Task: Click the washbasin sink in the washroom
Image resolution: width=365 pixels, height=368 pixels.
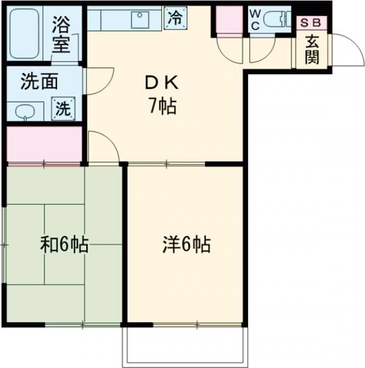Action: pyautogui.click(x=24, y=111)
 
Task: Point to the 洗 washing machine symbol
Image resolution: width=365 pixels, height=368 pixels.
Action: pyautogui.click(x=63, y=108)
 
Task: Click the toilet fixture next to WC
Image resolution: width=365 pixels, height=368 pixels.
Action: pyautogui.click(x=277, y=18)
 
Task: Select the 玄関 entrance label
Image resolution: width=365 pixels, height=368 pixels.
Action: pyautogui.click(x=312, y=49)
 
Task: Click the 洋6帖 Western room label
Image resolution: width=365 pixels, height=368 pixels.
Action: pyautogui.click(x=186, y=245)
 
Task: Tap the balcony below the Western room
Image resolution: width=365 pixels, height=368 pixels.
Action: pyautogui.click(x=186, y=347)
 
